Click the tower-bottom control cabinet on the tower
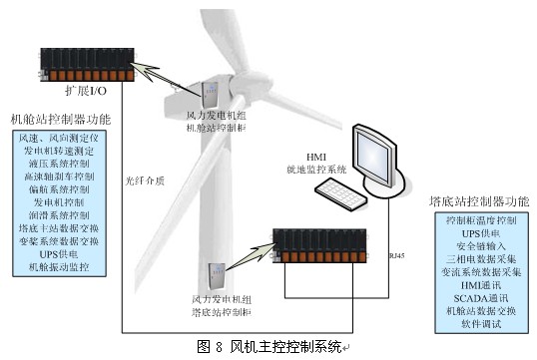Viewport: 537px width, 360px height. (214, 276)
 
